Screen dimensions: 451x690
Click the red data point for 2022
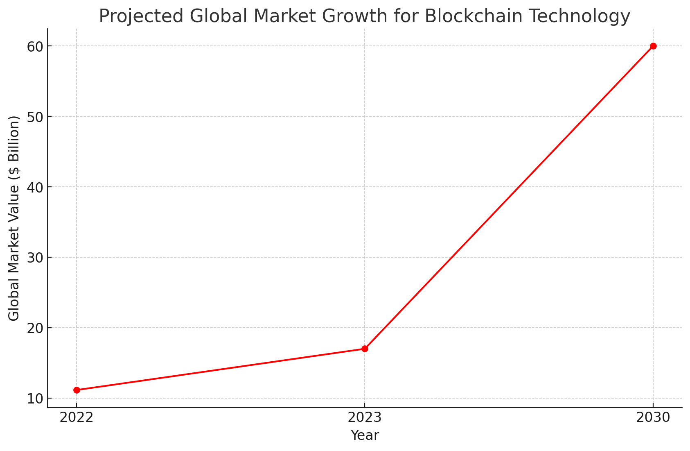[77, 390]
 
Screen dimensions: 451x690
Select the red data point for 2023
[365, 349]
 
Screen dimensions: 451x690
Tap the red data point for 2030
[653, 46]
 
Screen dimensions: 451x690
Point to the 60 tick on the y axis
[36, 46]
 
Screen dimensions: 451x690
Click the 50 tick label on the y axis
[36, 117]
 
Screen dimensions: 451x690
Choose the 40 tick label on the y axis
[36, 187]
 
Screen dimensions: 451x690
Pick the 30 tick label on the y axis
[36, 258]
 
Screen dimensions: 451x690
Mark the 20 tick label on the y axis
[36, 328]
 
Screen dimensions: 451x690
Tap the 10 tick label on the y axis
[36, 399]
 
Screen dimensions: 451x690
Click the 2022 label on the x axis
[77, 418]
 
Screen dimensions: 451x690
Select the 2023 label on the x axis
[365, 418]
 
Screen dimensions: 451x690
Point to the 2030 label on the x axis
[653, 418]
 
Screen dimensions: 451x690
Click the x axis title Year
[365, 435]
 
